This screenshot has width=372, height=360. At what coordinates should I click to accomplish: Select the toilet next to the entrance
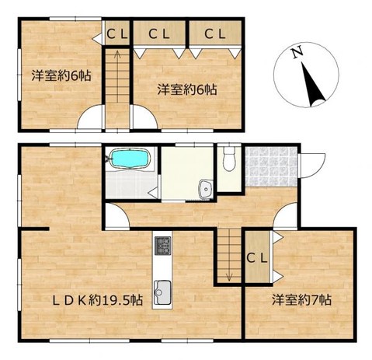pos(228,160)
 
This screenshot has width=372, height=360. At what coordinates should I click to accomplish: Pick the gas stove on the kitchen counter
pos(162,246)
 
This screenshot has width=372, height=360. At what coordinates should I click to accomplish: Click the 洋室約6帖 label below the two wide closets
pos(186,89)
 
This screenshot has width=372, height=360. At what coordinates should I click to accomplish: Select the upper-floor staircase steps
pos(117,86)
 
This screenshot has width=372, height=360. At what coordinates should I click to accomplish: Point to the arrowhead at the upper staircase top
pos(117,54)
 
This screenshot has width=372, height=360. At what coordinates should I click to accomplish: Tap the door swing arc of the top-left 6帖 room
pos(89,117)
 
